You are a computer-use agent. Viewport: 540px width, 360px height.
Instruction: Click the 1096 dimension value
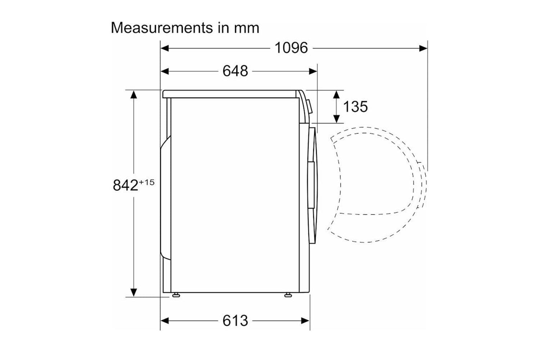tap(291, 48)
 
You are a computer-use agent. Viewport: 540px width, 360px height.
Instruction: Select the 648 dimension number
tap(235, 71)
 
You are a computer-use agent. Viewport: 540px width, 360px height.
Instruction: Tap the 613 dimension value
tap(235, 321)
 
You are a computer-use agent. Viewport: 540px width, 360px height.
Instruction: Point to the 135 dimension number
tap(355, 106)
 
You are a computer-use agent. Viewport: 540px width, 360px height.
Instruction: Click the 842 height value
tap(125, 185)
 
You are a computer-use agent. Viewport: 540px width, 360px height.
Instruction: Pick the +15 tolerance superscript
tap(147, 182)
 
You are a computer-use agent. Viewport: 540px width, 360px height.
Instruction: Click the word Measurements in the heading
tap(162, 28)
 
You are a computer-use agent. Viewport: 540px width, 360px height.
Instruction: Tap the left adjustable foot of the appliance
tap(176, 295)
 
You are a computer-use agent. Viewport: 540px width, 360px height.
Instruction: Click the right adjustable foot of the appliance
tap(288, 295)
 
